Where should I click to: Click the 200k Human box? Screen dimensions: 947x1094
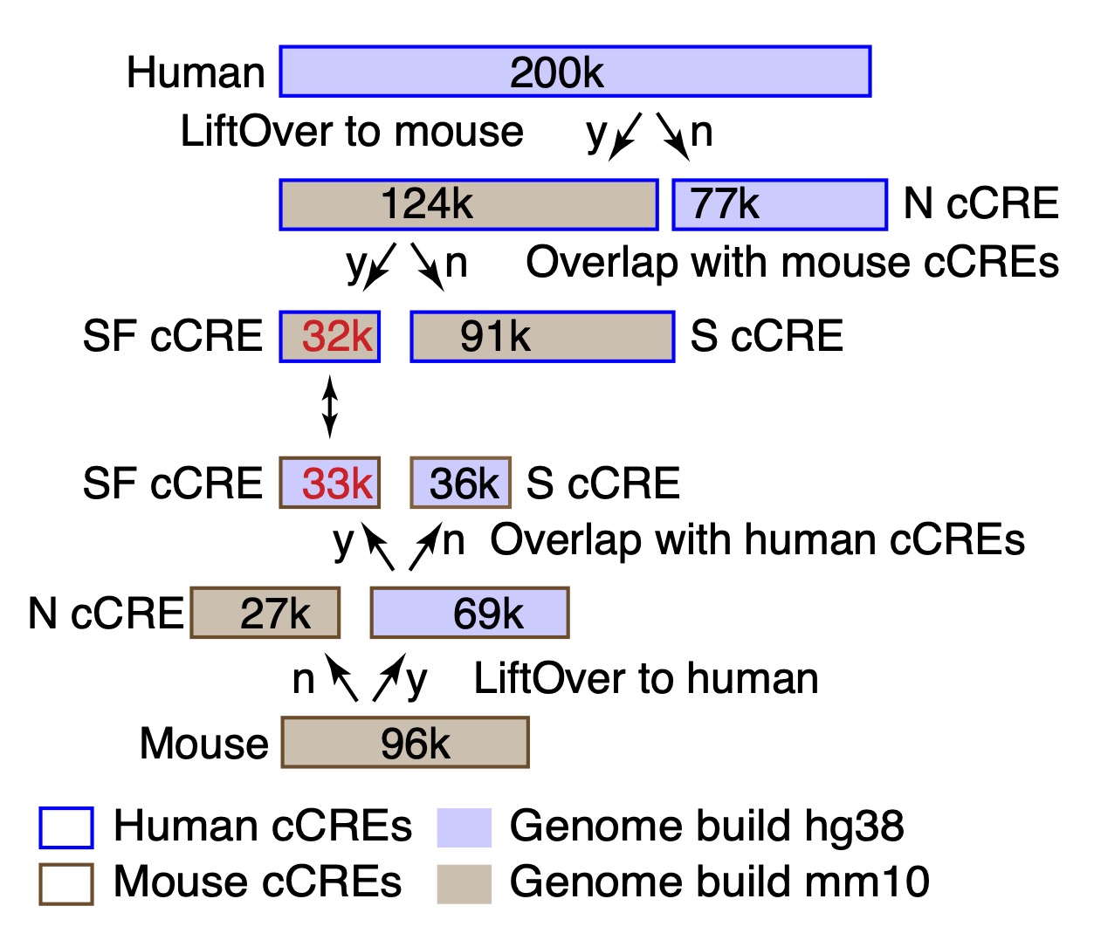coord(575,72)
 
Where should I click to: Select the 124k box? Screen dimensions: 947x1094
coord(468,204)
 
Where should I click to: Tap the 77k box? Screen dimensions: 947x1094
coord(779,204)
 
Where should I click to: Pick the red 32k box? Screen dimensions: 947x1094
coord(330,336)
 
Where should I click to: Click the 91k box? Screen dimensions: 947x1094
coord(541,336)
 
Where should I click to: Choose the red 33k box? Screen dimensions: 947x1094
coord(330,483)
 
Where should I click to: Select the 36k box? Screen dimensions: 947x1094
coord(461,483)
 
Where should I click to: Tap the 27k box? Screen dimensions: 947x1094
coord(265,613)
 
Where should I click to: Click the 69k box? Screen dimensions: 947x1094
coord(470,613)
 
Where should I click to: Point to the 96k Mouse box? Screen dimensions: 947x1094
coord(405,743)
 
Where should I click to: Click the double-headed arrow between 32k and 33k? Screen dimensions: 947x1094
coord(329,406)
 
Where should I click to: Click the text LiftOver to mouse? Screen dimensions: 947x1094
coord(352,132)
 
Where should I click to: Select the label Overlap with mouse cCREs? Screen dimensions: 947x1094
coord(792,262)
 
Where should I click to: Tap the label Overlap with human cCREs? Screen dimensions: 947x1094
coord(757,539)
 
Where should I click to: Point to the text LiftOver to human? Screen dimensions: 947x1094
coord(646,678)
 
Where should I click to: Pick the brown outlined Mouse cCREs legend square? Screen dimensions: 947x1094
coord(66,882)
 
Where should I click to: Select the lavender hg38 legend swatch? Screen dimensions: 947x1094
coord(464,827)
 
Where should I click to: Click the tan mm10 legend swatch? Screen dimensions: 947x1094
coord(464,882)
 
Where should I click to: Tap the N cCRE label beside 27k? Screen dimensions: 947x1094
coord(106,613)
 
